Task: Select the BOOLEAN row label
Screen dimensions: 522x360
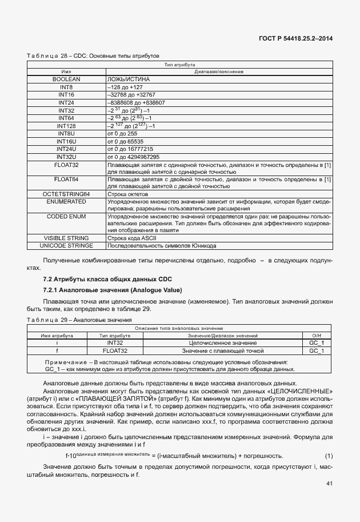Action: point(66,78)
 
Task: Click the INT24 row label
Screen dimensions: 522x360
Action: point(66,102)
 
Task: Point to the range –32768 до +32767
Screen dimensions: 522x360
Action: point(131,94)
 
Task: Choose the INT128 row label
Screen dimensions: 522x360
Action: point(66,126)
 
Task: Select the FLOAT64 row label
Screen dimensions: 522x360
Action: point(66,180)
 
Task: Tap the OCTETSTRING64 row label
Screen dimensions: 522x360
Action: point(66,194)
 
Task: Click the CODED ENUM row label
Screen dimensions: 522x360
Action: point(66,217)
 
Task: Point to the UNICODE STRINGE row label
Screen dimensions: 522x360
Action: point(66,246)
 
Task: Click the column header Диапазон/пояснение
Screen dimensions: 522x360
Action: point(219,71)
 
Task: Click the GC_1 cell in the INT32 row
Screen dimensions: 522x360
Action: point(317,342)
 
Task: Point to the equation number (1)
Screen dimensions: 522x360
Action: point(329,456)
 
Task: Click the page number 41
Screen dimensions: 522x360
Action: point(329,484)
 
